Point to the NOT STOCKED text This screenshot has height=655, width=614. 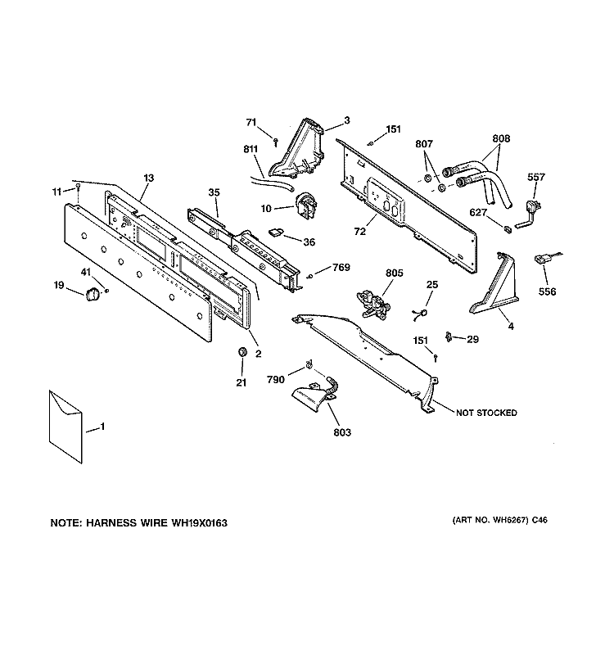click(486, 413)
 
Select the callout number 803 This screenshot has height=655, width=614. click(343, 431)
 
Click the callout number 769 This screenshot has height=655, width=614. click(340, 267)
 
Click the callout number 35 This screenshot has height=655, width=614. click(214, 192)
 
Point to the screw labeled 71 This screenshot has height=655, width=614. click(277, 140)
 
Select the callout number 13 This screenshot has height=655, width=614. click(148, 177)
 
